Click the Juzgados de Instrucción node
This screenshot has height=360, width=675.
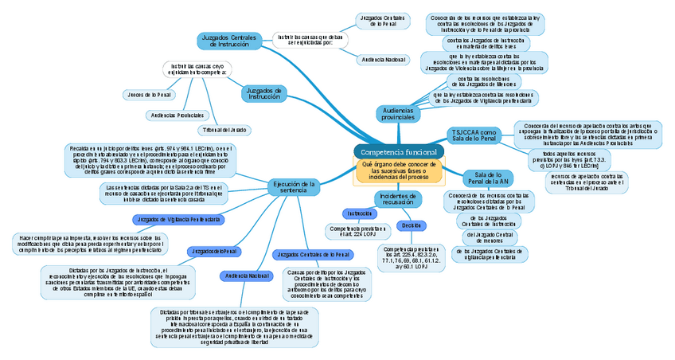(x=263, y=93)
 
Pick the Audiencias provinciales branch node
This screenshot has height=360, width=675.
(x=398, y=113)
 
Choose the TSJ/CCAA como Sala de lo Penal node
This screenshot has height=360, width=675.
(x=474, y=135)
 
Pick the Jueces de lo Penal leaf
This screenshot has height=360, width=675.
(x=147, y=95)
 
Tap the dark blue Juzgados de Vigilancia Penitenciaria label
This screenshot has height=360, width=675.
(x=178, y=218)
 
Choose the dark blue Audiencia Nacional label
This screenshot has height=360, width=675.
(x=248, y=276)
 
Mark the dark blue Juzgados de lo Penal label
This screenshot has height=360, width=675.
(x=213, y=252)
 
